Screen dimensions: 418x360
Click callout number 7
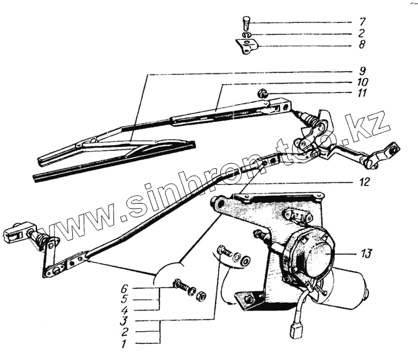(x=362, y=22)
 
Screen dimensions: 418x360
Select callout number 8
(x=362, y=45)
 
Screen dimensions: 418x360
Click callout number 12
(x=364, y=181)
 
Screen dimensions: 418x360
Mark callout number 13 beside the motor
(x=365, y=253)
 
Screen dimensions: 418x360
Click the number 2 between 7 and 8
(x=362, y=33)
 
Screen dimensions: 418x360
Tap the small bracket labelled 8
(x=247, y=46)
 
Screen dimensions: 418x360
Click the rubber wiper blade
(x=113, y=161)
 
